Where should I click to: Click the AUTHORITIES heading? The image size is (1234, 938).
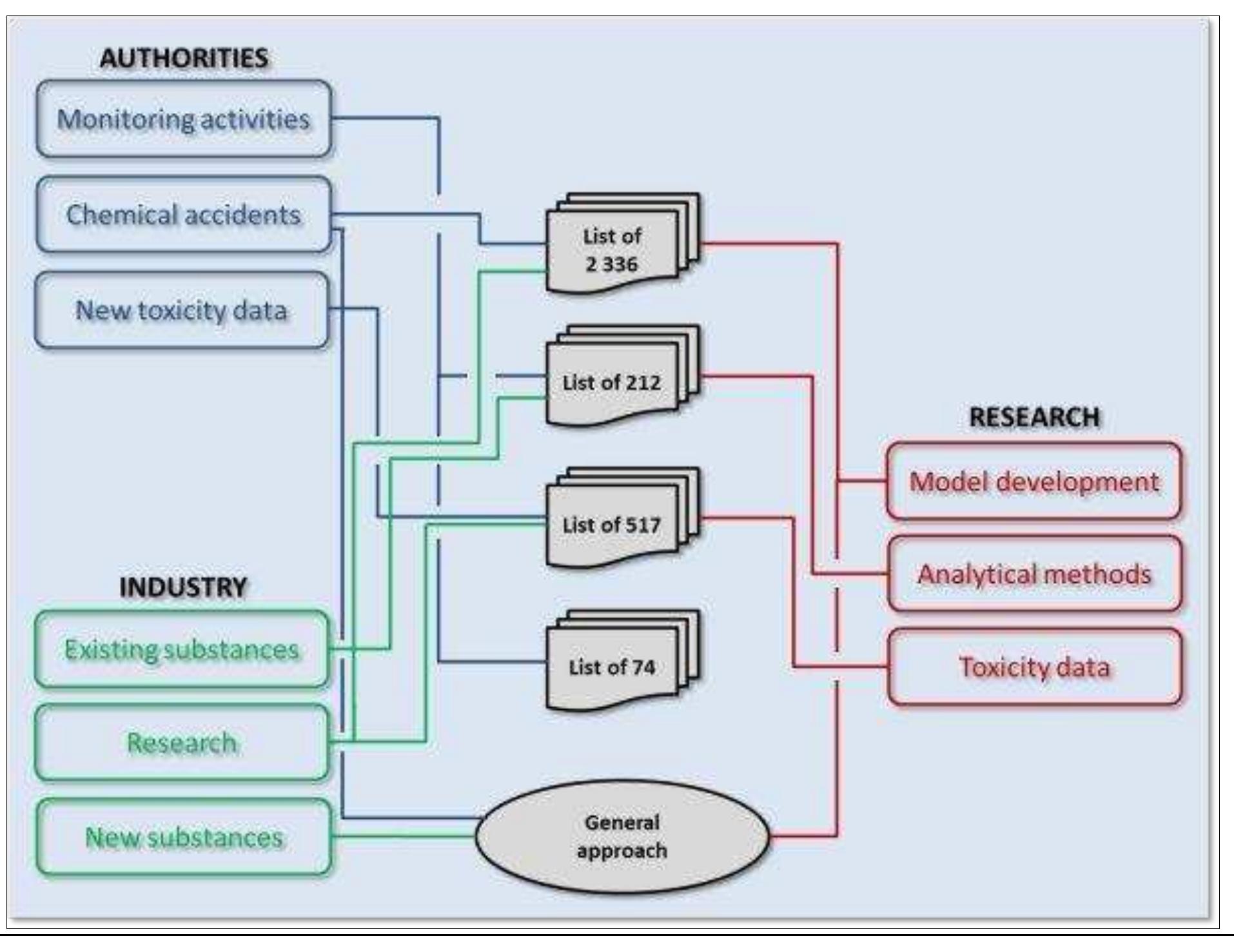point(184,59)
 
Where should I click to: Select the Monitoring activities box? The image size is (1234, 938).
point(184,119)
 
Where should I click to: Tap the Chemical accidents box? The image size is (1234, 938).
point(184,215)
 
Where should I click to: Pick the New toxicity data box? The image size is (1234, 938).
point(181,310)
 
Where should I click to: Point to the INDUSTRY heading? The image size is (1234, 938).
point(183,587)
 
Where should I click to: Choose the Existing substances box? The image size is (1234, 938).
point(182,649)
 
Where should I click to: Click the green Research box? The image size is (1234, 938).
point(182,743)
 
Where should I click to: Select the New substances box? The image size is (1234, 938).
point(184,837)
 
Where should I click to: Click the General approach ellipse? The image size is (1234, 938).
point(622,836)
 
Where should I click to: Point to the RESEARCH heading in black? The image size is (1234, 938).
point(1034,417)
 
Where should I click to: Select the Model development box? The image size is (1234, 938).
point(1033,482)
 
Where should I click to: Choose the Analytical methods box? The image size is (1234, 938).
point(1034,574)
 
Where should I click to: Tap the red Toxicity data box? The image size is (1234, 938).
point(1034,667)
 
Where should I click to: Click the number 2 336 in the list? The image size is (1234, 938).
point(611,264)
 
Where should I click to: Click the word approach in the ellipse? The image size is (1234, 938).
point(622,851)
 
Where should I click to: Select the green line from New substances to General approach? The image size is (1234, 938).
point(403,836)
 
